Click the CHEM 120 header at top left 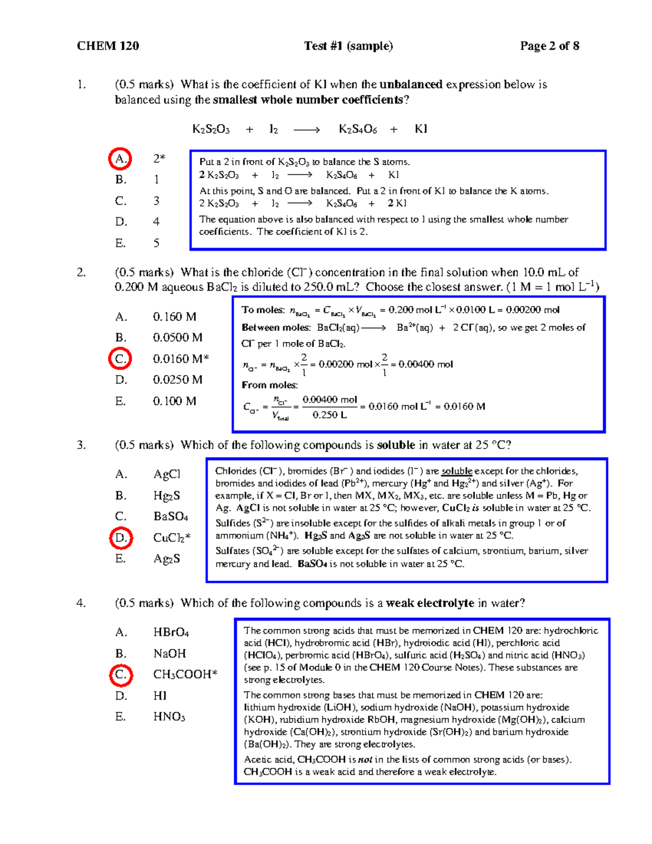[x=108, y=46]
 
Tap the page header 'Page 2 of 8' [x=549, y=46]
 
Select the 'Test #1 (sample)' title [x=348, y=46]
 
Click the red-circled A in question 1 [x=120, y=159]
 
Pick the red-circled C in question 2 [x=120, y=359]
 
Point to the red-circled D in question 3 [x=121, y=537]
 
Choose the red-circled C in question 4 [x=121, y=674]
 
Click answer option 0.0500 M [x=178, y=337]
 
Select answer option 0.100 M [x=174, y=401]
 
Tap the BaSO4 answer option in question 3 [x=171, y=516]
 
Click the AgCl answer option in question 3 [x=167, y=474]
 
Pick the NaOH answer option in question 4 [x=170, y=653]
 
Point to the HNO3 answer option [x=169, y=717]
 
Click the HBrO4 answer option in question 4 [x=171, y=633]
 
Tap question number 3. [x=81, y=445]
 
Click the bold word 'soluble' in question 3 [x=396, y=445]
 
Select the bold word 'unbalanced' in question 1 [x=411, y=85]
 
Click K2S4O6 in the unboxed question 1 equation [x=358, y=129]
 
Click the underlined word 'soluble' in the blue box [x=456, y=471]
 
